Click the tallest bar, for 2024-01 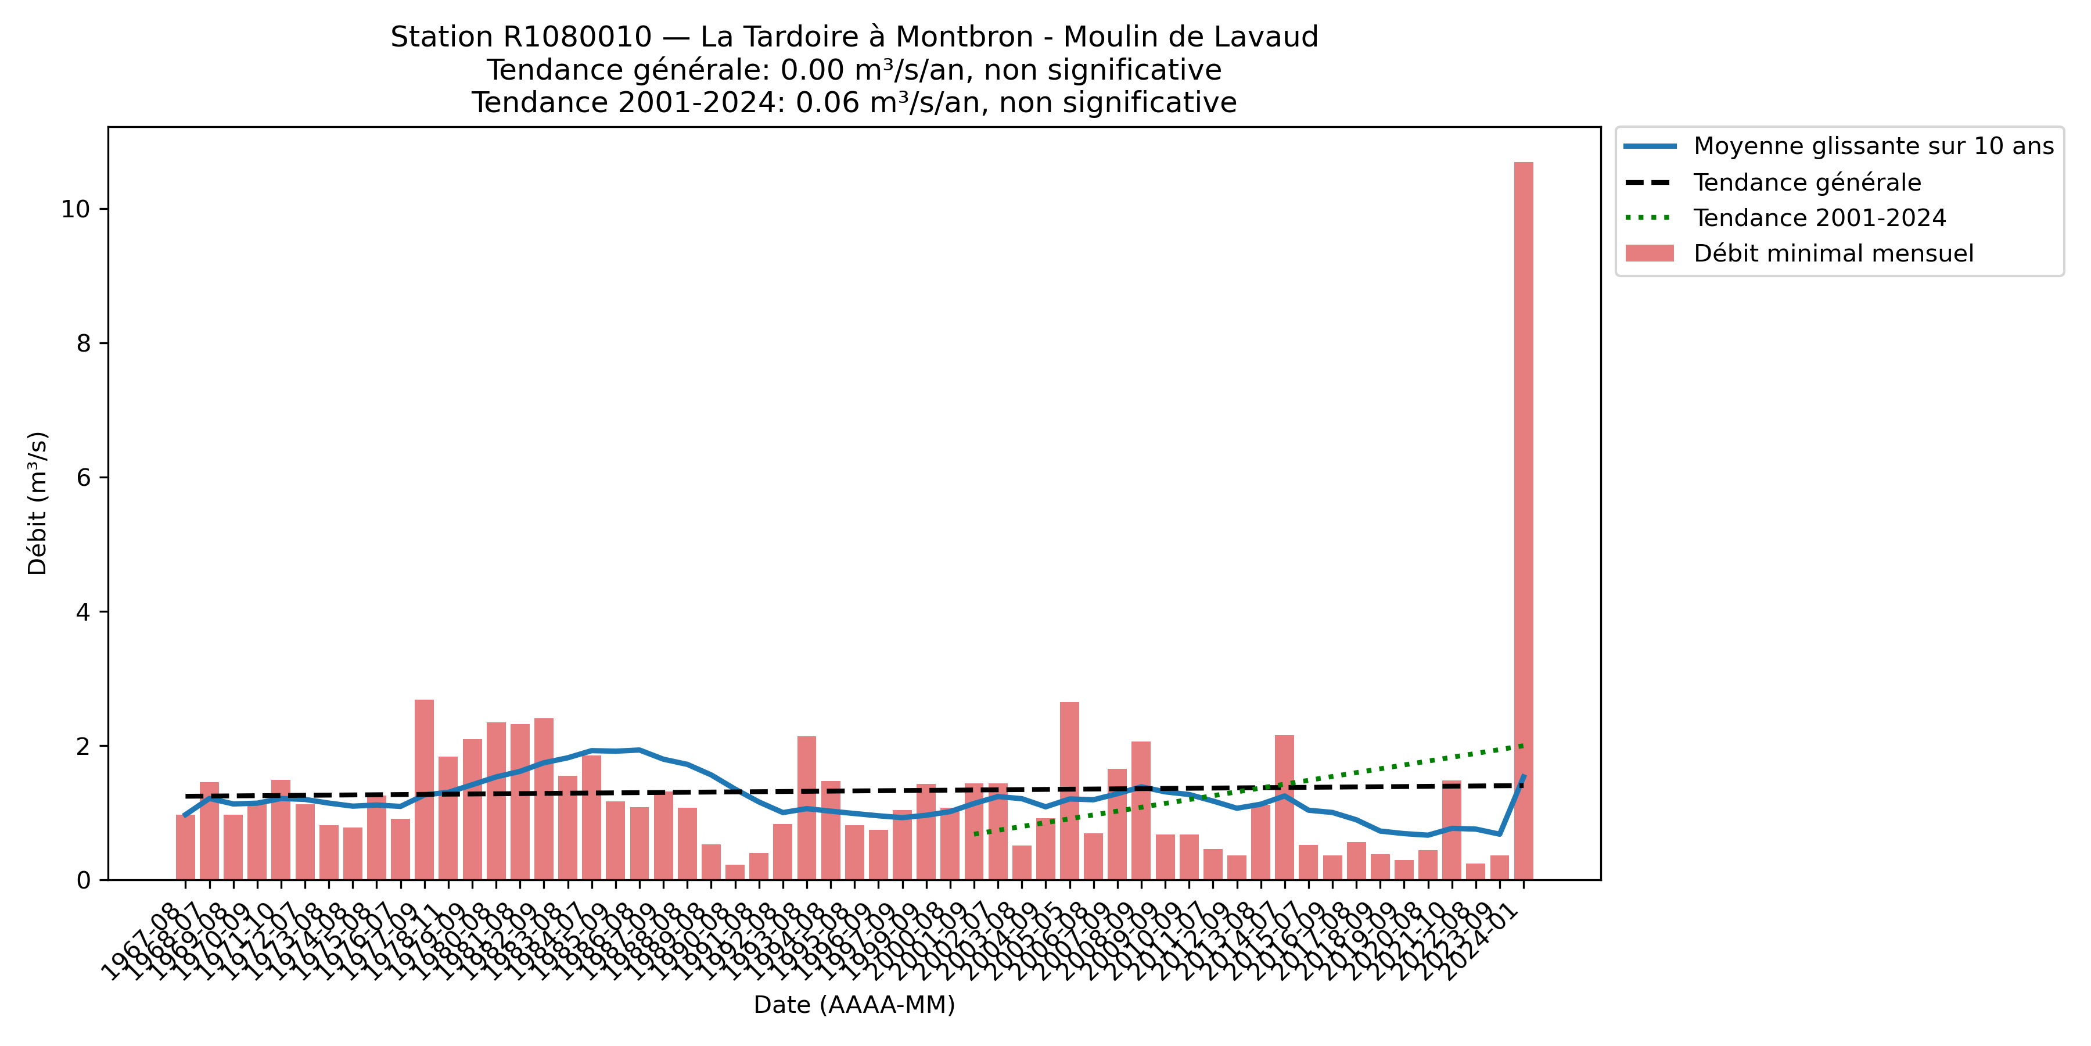click(1523, 520)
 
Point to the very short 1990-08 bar click(735, 872)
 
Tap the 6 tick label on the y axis click(84, 478)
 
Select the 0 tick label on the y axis click(84, 880)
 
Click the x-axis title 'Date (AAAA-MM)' click(854, 1005)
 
